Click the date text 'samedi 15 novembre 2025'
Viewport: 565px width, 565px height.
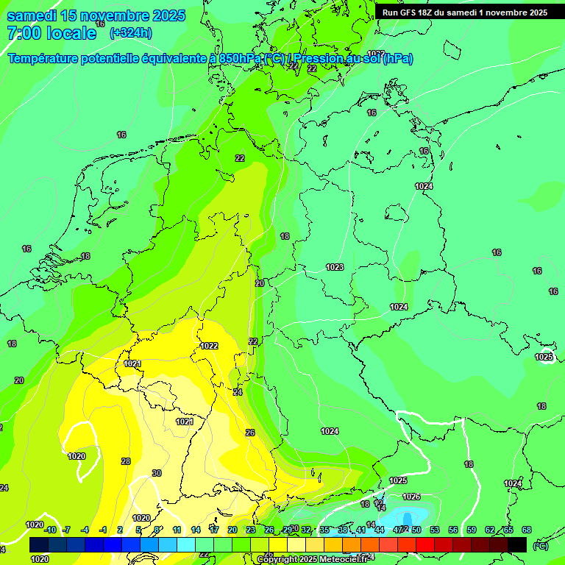[x=96, y=15]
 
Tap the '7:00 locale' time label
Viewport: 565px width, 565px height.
[x=51, y=33]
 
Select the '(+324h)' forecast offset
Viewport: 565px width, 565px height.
[x=132, y=33]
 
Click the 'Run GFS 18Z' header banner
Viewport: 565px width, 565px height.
[x=464, y=13]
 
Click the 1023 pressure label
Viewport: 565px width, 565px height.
[x=335, y=267]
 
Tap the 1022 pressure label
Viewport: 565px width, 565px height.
[x=209, y=346]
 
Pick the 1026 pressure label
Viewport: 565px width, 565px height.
[x=411, y=497]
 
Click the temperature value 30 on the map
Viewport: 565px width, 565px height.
[x=156, y=473]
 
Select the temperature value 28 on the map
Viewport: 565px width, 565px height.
[x=126, y=461]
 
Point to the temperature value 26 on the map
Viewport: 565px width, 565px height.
[x=250, y=433]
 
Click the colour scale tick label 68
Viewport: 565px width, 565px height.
[x=527, y=530]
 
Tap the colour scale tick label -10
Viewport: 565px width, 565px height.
[x=50, y=530]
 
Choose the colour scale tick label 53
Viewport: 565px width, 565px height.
[x=434, y=530]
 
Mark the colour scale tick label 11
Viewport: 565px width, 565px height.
[x=177, y=530]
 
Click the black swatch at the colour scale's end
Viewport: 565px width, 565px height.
[x=517, y=544]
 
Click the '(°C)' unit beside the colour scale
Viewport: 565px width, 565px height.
[x=540, y=545]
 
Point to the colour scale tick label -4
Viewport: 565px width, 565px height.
[x=85, y=530]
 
